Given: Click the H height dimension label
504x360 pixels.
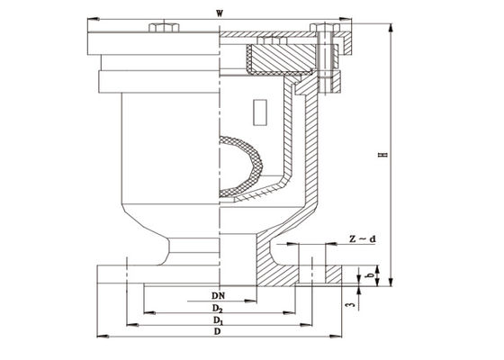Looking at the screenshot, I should tap(382, 156).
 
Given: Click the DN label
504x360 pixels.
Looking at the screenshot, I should tap(219, 295).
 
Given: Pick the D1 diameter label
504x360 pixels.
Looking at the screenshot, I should tap(219, 321).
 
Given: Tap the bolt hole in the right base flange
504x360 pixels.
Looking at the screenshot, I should tap(311, 270).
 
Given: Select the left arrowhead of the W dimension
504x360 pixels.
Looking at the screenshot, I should tap(88, 18).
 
